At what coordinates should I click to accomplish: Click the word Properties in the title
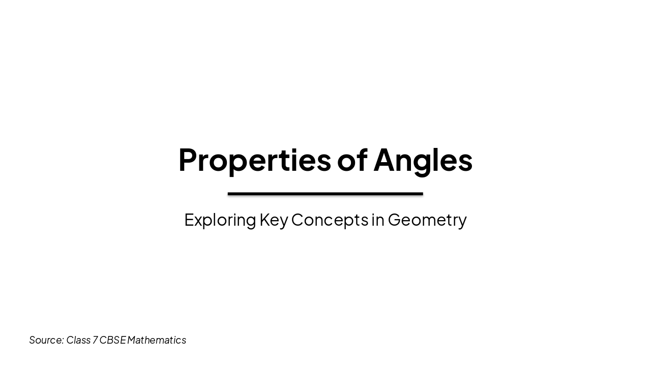coord(254,160)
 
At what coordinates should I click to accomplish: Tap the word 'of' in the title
coord(352,160)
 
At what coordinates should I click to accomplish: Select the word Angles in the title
coord(423,160)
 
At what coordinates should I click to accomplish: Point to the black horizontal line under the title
coord(325,194)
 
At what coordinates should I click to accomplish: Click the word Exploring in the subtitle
coord(220,220)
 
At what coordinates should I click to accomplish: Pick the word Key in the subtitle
coord(274,220)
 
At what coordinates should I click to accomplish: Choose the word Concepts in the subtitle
coord(330,220)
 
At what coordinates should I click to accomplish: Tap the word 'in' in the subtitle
coord(378,220)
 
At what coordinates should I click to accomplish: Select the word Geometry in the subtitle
coord(427,220)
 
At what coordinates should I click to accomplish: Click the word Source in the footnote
coord(45,340)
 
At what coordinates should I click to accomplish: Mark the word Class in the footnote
coord(78,340)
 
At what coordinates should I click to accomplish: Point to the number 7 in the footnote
coord(95,340)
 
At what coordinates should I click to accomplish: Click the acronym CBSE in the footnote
coord(112,340)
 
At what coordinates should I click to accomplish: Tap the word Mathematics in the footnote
coord(157,340)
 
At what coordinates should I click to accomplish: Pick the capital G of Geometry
coord(395,220)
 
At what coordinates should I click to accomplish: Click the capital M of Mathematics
coord(132,340)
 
